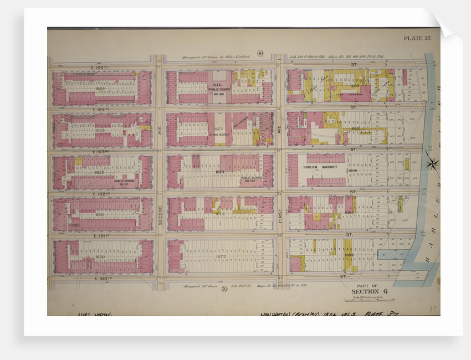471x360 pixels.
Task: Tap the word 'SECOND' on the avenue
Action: (158, 214)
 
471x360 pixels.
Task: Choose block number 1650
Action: (100, 257)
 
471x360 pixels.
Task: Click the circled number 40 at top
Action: (260, 54)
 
